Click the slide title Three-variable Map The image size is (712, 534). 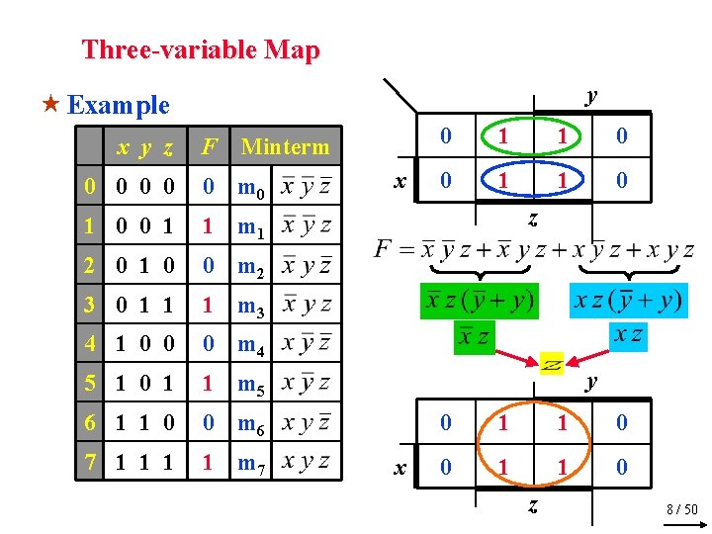tap(201, 49)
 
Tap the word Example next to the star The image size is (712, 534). tap(119, 104)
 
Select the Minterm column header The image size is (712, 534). tap(285, 147)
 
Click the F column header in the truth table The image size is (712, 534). tap(209, 147)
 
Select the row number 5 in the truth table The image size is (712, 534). tap(90, 384)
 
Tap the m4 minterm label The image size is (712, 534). tap(250, 345)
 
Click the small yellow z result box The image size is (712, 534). tap(552, 364)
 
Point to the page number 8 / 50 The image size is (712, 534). tap(681, 509)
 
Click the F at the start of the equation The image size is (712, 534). tap(384, 249)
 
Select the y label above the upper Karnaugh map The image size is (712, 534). tap(591, 96)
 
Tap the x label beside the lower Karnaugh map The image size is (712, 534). tap(399, 466)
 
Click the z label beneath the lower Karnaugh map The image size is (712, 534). tap(531, 506)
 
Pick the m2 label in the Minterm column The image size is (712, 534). tap(250, 267)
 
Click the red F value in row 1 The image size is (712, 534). tap(208, 227)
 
